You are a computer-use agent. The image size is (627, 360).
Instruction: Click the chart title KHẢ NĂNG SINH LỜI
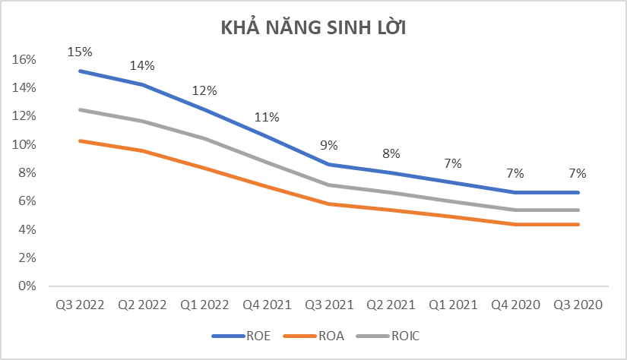tap(314, 28)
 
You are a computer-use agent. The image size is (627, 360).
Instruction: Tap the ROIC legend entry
tap(407, 334)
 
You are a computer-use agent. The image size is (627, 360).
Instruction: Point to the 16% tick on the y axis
tap(26, 59)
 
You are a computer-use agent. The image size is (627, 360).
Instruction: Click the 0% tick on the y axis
tap(28, 286)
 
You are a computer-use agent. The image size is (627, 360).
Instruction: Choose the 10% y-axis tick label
tap(26, 144)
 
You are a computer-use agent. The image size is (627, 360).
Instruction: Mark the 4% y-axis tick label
tap(28, 229)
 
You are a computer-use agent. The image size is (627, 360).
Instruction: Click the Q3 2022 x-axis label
tap(80, 305)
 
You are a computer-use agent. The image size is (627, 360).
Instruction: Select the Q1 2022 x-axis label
tap(204, 305)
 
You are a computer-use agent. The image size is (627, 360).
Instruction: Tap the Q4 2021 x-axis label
tap(267, 305)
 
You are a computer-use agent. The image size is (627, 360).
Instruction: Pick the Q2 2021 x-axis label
tap(391, 305)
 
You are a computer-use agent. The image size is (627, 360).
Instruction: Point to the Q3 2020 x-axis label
tap(578, 305)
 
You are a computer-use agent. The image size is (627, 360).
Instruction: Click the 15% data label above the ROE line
tap(80, 52)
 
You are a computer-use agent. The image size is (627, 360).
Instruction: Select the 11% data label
tap(267, 117)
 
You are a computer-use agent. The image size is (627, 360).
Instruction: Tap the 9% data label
tap(329, 146)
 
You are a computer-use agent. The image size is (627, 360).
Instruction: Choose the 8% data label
tap(391, 153)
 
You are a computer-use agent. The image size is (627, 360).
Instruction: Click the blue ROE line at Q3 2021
tap(329, 164)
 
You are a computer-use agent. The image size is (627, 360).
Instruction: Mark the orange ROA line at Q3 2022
tap(80, 141)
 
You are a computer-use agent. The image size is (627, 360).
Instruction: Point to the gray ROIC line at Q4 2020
tap(516, 210)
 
